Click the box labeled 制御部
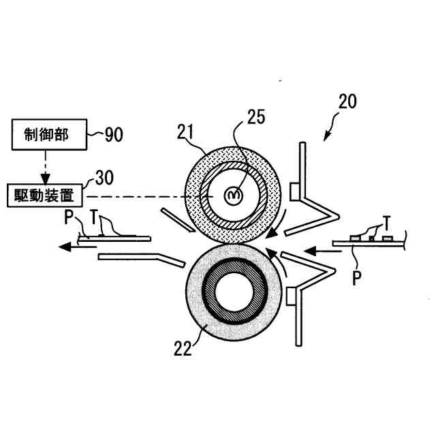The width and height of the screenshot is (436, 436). (49, 135)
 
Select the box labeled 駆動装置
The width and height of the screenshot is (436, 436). (45, 196)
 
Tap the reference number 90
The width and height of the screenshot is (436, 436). (114, 135)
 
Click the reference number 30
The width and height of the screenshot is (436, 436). (104, 177)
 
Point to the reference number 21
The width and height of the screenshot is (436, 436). (185, 131)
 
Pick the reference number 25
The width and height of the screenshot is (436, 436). (256, 116)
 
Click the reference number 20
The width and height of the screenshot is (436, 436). (347, 102)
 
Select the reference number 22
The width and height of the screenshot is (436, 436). (183, 348)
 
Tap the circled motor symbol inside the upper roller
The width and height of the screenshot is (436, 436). (234, 196)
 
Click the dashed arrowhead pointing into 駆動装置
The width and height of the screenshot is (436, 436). (46, 178)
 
